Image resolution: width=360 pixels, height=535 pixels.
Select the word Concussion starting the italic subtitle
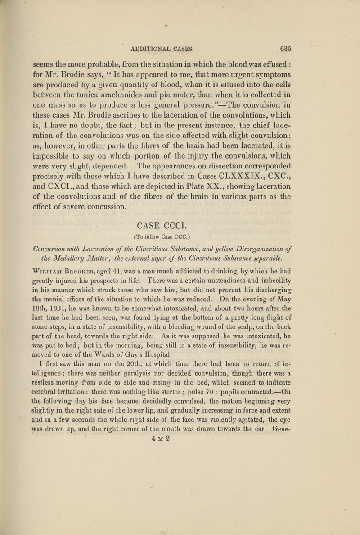click(x=49, y=247)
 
